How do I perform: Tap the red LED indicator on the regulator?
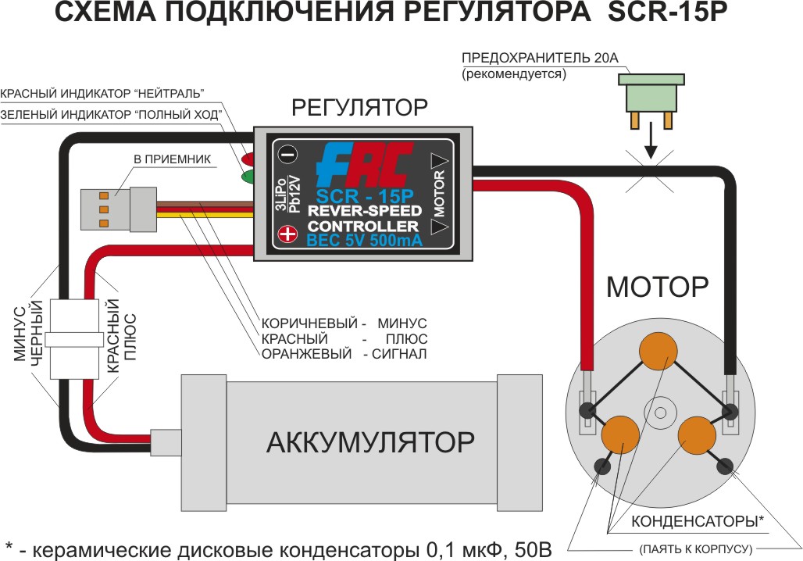point(249,153)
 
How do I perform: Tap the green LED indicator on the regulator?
point(249,176)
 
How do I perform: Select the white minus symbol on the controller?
point(287,154)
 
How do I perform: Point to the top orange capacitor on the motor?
point(660,352)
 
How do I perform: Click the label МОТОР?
point(657,288)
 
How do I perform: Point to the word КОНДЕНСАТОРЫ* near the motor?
point(687,522)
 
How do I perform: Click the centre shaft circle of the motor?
point(661,412)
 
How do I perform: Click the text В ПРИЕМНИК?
point(162,159)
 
